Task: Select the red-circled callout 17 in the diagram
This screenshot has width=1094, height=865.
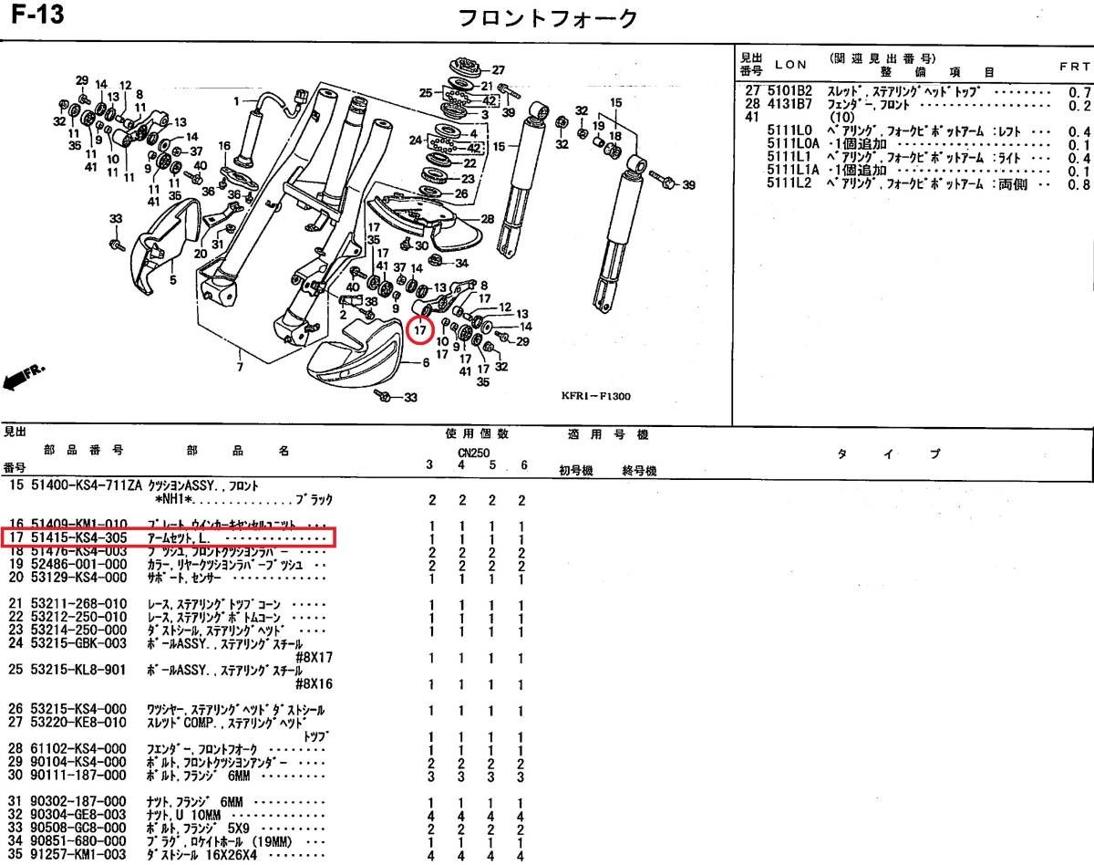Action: (419, 329)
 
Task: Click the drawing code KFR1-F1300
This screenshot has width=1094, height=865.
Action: (595, 397)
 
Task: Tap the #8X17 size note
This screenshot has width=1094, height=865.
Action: (315, 657)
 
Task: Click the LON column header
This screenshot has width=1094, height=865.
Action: (790, 65)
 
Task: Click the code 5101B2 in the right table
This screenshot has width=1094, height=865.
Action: (780, 92)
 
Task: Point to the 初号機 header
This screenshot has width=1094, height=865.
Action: (575, 471)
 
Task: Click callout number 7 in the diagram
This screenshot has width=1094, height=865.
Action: (239, 369)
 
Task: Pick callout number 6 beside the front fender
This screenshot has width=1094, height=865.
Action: (425, 362)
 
